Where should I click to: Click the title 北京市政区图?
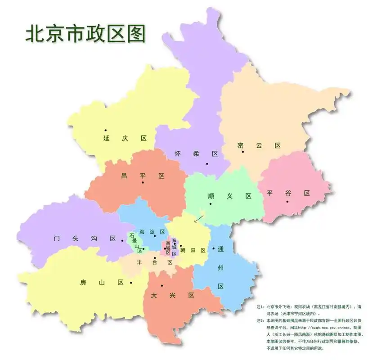point(85,34)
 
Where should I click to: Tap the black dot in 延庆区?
point(106,130)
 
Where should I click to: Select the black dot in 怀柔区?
point(207,164)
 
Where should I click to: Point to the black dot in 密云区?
point(242,152)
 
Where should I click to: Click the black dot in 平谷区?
point(287,201)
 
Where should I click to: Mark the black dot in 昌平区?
point(143,182)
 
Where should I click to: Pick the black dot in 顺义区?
point(210,204)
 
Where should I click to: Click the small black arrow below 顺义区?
point(198,218)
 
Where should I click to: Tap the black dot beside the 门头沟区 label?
point(122,240)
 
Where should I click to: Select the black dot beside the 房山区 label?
point(131,283)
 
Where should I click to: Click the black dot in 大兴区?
point(162,286)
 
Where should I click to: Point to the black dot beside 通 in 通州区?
point(213,248)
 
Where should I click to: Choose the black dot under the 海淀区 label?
point(155,236)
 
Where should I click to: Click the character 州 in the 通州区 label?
point(220,269)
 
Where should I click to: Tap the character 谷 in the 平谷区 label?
point(288,193)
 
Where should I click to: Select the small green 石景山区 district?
point(135,242)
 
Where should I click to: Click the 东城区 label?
point(174,247)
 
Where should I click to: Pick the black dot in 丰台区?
point(155,258)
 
